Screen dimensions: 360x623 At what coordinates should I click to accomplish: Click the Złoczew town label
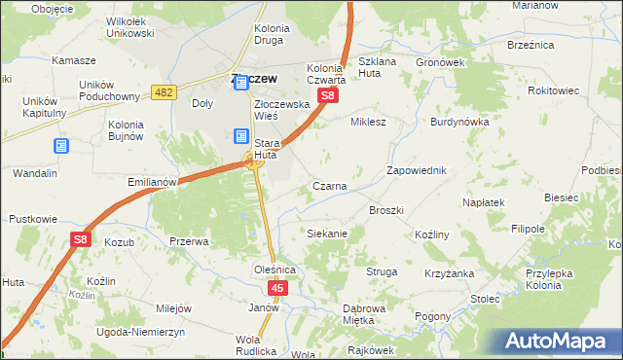click(x=252, y=78)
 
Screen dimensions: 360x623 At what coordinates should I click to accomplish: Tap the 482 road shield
click(x=164, y=91)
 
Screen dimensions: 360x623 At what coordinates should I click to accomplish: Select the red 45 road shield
click(x=278, y=288)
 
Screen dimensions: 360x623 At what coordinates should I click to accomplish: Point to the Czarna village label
click(x=330, y=185)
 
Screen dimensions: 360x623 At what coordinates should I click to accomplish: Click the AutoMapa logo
click(x=557, y=341)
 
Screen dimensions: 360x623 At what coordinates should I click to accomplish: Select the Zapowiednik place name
click(x=416, y=170)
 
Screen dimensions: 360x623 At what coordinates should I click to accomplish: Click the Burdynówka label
click(x=459, y=123)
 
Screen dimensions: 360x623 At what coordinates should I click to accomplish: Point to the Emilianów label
click(x=151, y=181)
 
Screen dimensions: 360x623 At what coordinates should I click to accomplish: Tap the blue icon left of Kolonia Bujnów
click(x=61, y=145)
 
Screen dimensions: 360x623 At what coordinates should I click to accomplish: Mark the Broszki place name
click(x=385, y=209)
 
